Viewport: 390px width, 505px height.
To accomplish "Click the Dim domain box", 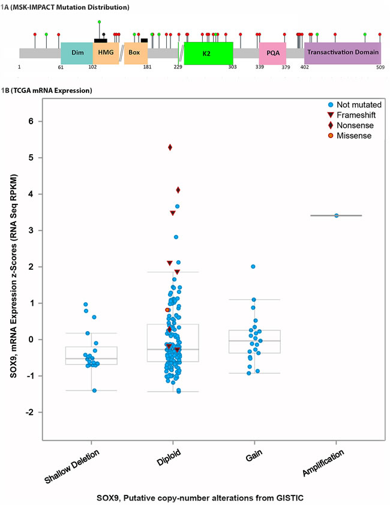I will [77, 53].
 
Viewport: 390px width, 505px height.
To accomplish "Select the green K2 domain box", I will [208, 53].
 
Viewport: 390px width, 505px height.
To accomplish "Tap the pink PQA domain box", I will [272, 53].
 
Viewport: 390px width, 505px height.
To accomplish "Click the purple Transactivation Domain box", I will [343, 52].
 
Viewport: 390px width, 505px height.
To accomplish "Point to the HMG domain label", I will [106, 53].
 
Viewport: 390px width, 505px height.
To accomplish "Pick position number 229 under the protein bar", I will [178, 68].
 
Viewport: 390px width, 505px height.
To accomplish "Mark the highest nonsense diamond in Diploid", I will [170, 147].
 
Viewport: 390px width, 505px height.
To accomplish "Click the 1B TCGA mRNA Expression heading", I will [47, 91].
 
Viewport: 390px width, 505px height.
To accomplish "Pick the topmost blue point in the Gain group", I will [253, 266].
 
